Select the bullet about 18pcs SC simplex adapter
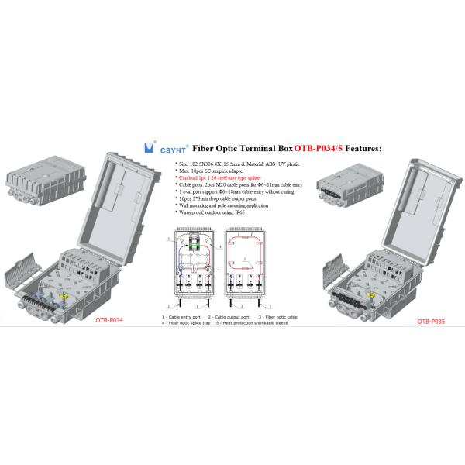[212, 170]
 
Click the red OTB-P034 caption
[109, 319]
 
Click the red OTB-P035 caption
[430, 320]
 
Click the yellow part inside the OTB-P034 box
[66, 295]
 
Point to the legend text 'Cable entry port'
[184, 317]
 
